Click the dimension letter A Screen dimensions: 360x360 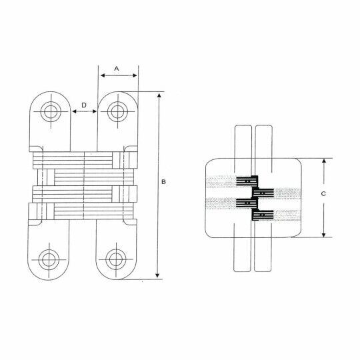pos(117,69)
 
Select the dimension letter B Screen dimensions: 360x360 pos(164,182)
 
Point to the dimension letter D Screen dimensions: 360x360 pos(84,105)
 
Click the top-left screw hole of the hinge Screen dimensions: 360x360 pos(50,111)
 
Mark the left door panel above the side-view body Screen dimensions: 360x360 pos(243,141)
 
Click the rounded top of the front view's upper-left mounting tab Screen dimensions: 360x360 pos(50,93)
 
